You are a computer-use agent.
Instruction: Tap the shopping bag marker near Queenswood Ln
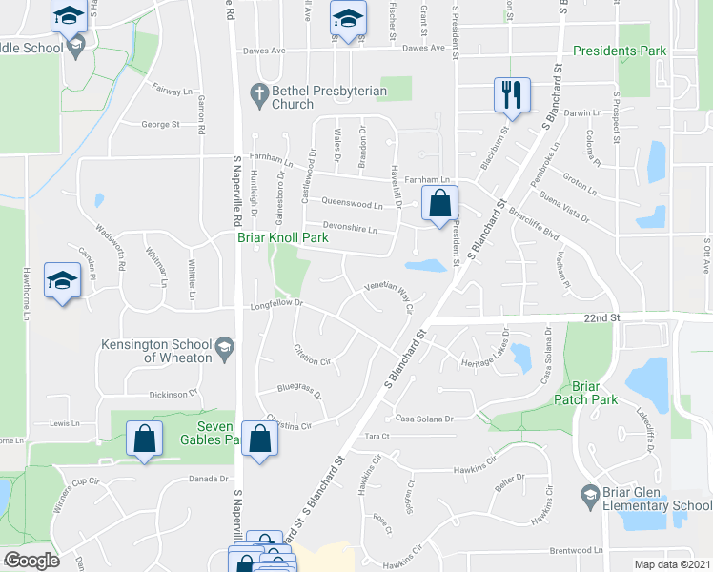(x=439, y=203)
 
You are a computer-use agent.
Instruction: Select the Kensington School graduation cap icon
(x=223, y=345)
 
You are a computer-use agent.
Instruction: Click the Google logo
(x=31, y=561)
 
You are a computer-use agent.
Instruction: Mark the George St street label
(x=160, y=124)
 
